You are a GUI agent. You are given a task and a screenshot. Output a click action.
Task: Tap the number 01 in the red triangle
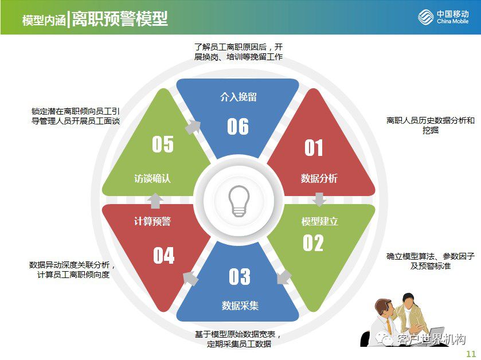314,148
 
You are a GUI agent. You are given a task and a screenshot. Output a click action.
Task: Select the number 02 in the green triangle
313,243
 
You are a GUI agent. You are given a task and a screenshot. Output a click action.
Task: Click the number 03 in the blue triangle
240,277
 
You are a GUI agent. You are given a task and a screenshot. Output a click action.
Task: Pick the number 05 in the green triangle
163,144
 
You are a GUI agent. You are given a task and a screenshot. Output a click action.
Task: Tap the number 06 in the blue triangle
238,126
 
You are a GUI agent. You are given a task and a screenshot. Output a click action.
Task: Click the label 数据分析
319,178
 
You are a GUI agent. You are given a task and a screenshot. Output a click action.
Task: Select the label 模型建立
319,221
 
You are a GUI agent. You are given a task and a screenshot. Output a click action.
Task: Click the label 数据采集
240,306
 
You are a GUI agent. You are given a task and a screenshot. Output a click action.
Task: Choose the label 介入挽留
238,97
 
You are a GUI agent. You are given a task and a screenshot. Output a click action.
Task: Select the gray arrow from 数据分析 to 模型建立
320,199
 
